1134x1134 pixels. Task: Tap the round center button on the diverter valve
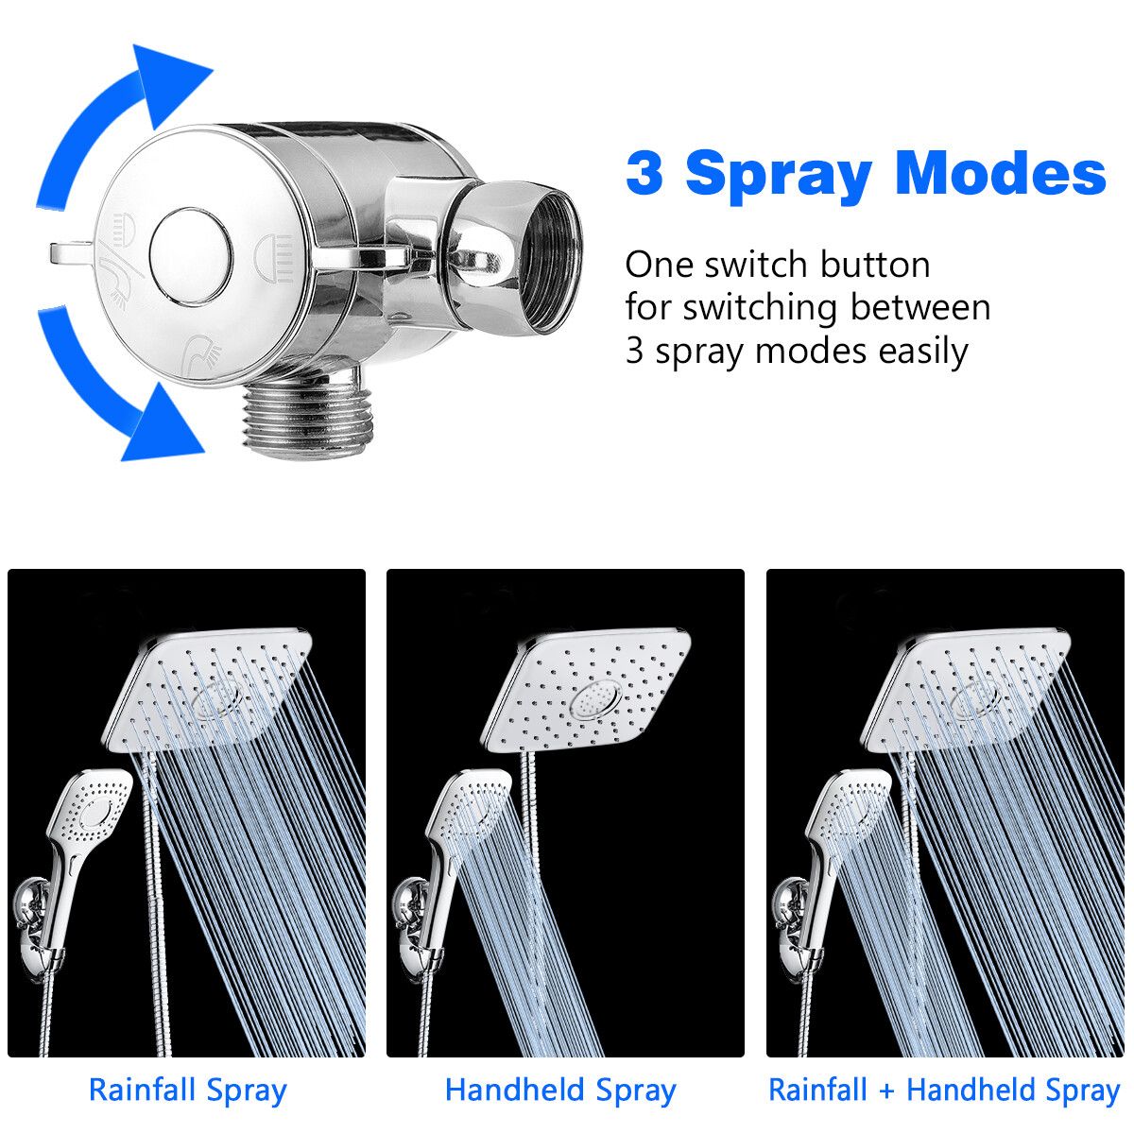pyautogui.click(x=191, y=257)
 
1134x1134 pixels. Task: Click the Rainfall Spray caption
pyautogui.click(x=188, y=1090)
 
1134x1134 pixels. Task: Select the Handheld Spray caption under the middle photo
pyautogui.click(x=560, y=1090)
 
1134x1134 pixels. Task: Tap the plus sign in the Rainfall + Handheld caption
pyautogui.click(x=887, y=1091)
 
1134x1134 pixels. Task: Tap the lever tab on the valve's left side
pyautogui.click(x=71, y=254)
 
